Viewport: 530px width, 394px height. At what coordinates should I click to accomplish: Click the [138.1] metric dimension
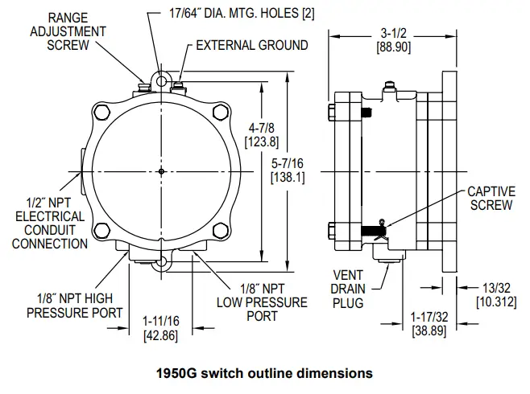coord(288,177)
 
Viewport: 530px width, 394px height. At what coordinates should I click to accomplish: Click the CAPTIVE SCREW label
coord(490,199)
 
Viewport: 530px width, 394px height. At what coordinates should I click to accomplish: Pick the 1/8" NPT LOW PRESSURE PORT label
coord(262,302)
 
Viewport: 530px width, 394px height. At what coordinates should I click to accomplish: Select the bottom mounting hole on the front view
coord(162,261)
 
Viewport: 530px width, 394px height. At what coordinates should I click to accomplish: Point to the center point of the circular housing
coord(162,171)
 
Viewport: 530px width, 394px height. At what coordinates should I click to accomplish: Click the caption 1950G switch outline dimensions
coord(264,373)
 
